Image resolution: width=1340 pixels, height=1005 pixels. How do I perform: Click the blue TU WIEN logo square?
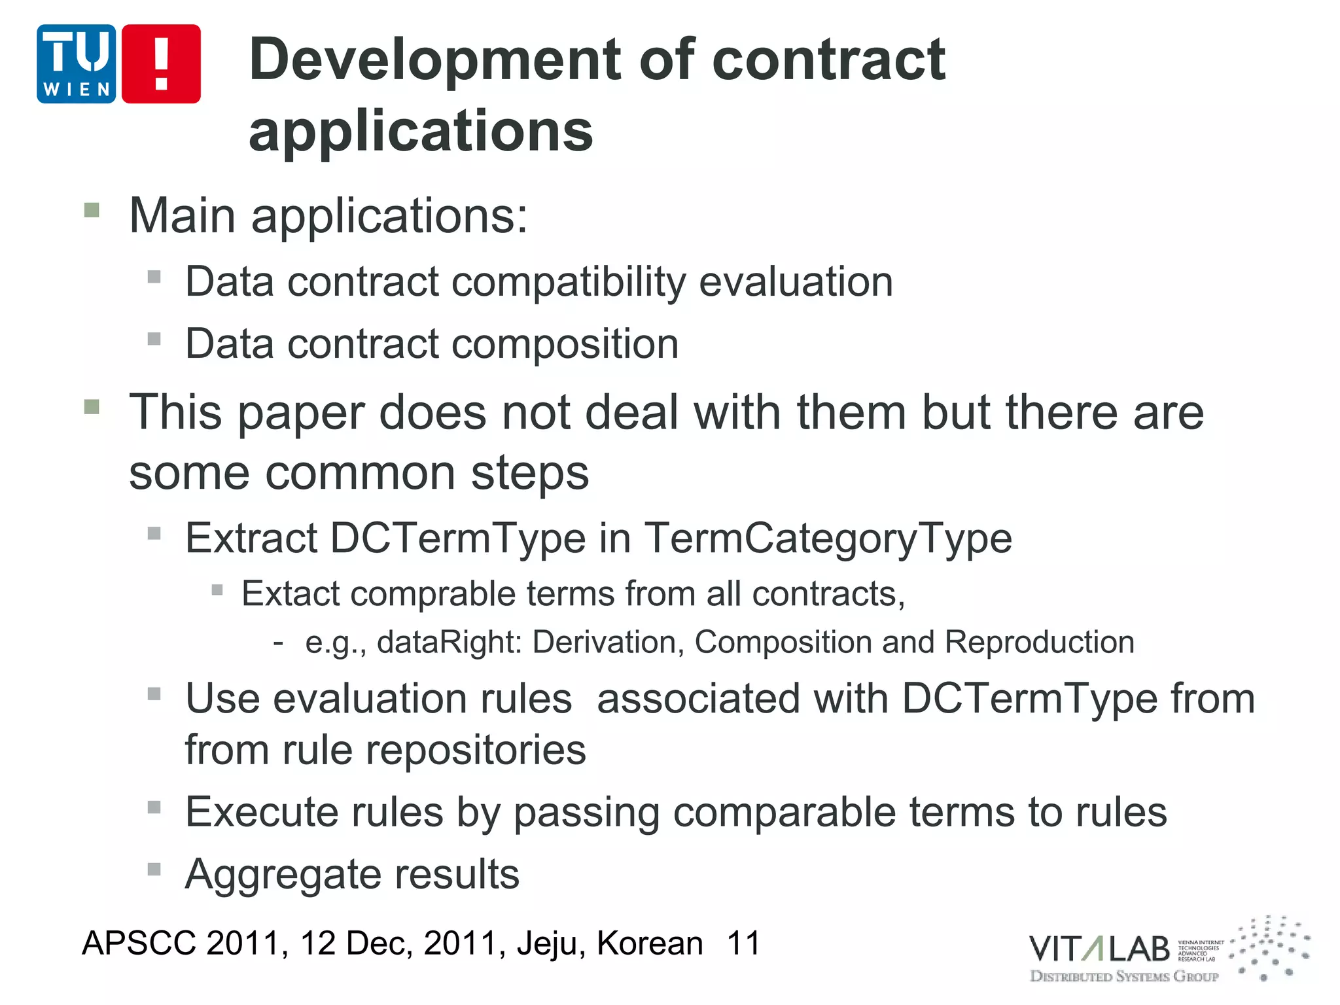tap(76, 64)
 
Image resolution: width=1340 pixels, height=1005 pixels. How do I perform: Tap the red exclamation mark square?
tap(161, 64)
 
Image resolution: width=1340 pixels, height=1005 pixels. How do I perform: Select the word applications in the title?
tap(421, 131)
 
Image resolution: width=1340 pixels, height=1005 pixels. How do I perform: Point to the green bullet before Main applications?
tap(92, 210)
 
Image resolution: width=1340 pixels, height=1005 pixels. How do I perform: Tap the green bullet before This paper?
tap(92, 407)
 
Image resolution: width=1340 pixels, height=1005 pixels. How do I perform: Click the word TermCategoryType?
tap(828, 538)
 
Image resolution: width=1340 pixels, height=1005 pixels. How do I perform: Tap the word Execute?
tap(260, 812)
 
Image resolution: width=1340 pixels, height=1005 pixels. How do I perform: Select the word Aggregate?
tap(279, 874)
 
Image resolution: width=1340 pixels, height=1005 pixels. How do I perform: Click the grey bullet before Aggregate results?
tap(154, 870)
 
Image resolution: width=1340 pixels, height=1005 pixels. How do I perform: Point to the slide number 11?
tap(743, 943)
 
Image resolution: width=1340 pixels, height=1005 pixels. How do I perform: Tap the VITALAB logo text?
tap(1099, 949)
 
